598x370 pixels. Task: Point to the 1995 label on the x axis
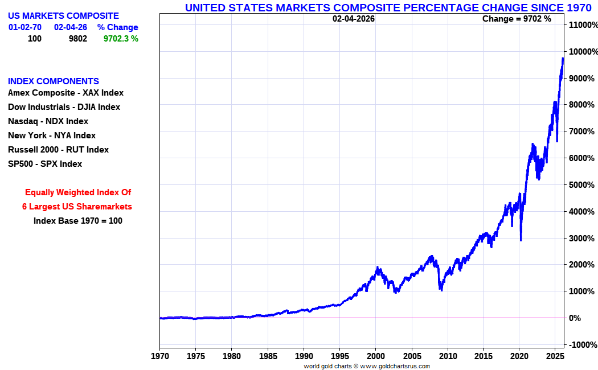point(339,357)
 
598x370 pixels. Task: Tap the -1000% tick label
point(583,344)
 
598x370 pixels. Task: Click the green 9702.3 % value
point(121,39)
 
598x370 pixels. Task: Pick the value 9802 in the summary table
point(77,39)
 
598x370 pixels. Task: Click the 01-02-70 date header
point(25,27)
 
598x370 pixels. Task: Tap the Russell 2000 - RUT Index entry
point(58,150)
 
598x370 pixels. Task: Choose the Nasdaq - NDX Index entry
point(48,121)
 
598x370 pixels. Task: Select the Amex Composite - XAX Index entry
point(65,93)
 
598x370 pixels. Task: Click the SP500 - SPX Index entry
point(45,164)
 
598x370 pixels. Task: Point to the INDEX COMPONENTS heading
point(54,81)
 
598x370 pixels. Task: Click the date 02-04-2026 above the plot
point(354,18)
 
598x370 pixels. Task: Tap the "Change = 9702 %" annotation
point(517,18)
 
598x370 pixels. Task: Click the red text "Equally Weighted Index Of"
point(78,192)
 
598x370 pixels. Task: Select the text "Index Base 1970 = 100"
point(78,221)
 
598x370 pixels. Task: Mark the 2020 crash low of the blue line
point(521,240)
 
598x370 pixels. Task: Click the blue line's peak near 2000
point(377,267)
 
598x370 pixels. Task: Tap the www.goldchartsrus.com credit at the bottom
point(395,366)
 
